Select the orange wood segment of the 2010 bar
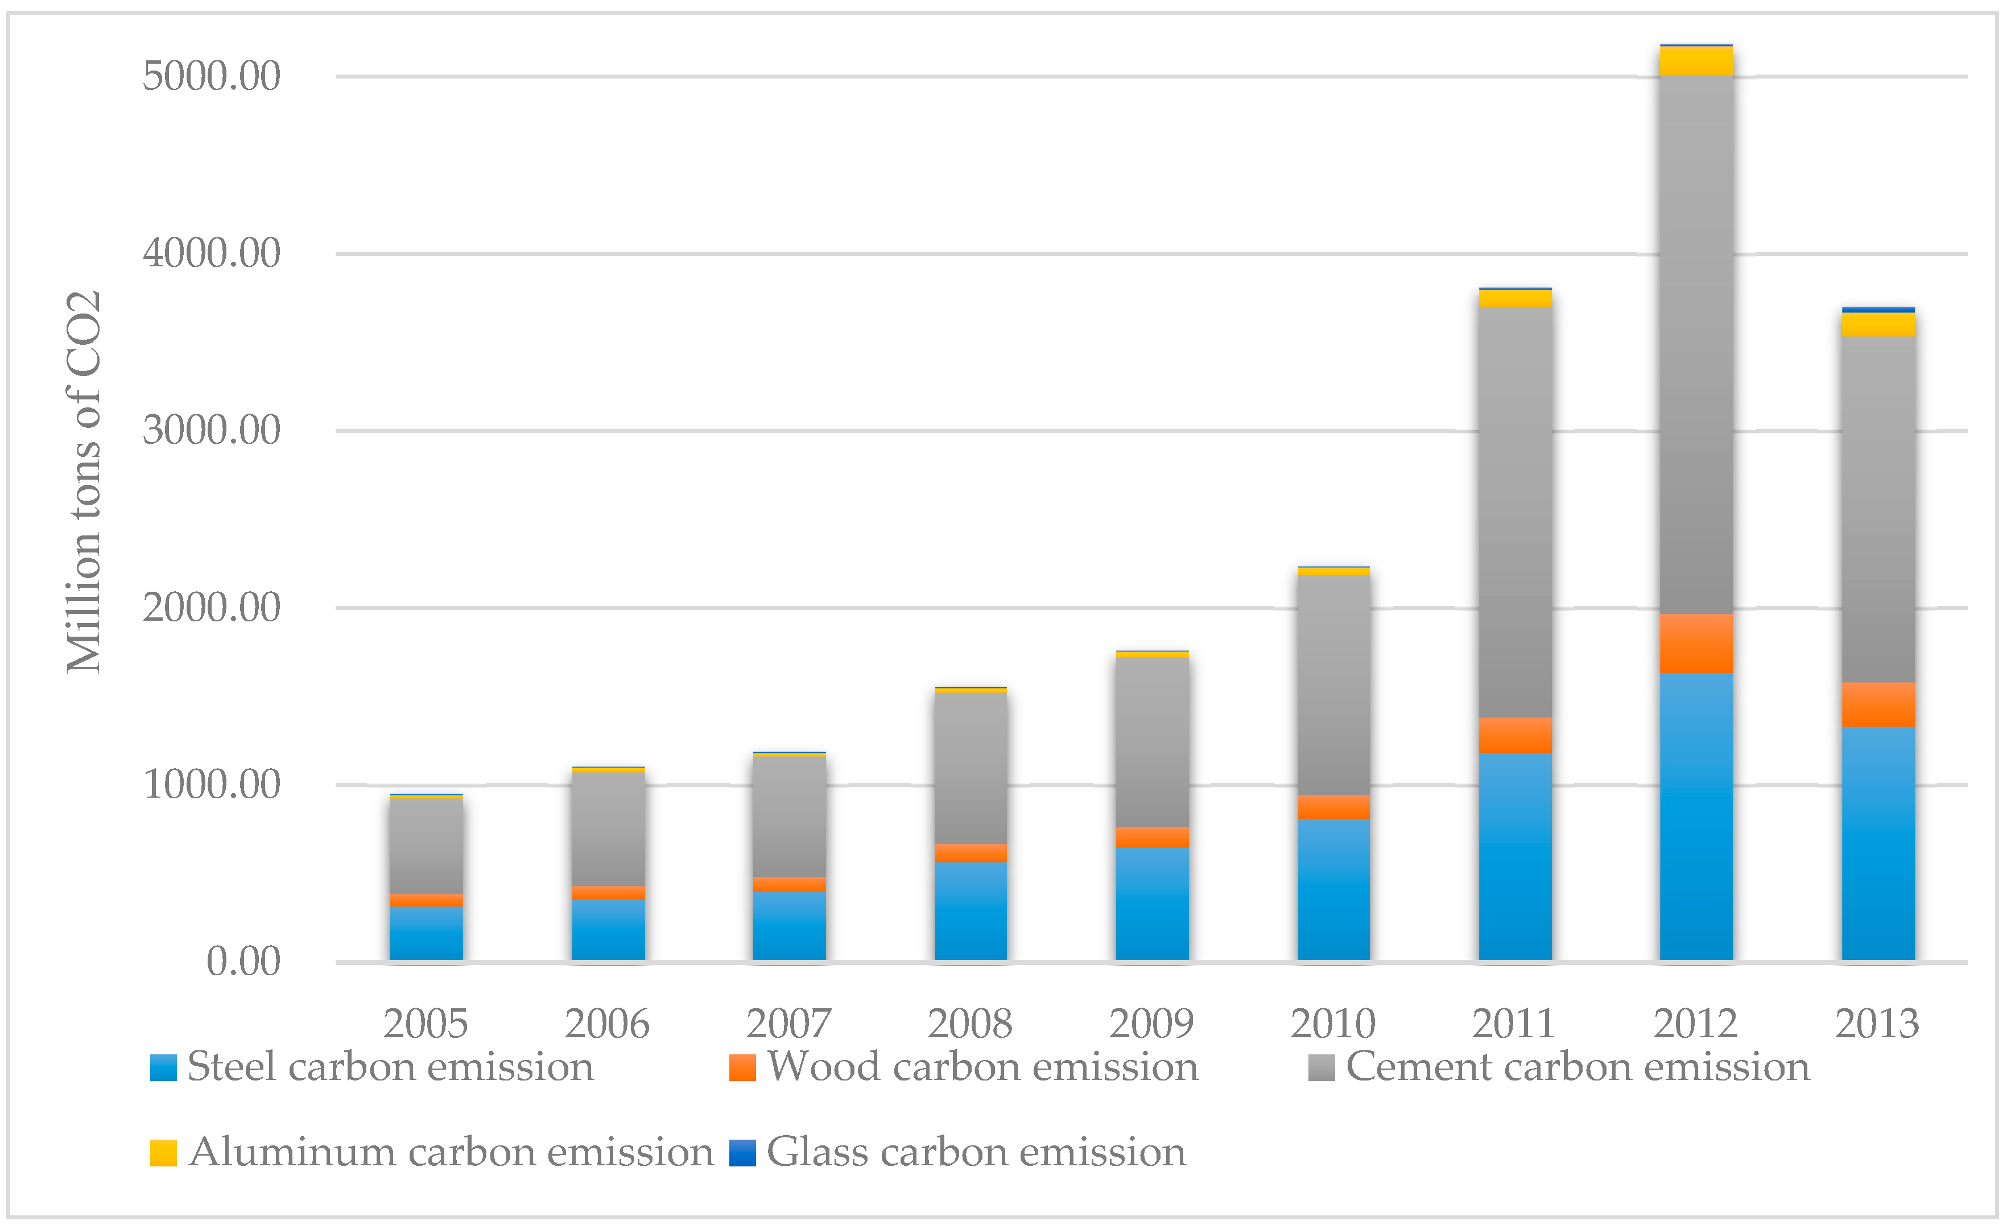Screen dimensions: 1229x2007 click(x=1333, y=806)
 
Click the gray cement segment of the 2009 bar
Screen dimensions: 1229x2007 click(x=1152, y=742)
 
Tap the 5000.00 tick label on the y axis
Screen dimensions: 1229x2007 click(x=211, y=77)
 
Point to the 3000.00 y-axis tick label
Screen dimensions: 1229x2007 click(x=211, y=430)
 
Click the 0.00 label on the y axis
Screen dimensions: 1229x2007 click(x=243, y=962)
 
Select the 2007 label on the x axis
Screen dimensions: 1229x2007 click(x=788, y=1024)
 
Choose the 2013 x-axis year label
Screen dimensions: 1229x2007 click(x=1877, y=1024)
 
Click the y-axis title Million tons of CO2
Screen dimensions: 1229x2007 click(x=84, y=482)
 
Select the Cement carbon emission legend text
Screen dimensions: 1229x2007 click(x=1577, y=1067)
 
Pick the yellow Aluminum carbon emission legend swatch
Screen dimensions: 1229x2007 click(x=163, y=1152)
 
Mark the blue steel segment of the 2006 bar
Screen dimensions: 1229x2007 click(x=608, y=930)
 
